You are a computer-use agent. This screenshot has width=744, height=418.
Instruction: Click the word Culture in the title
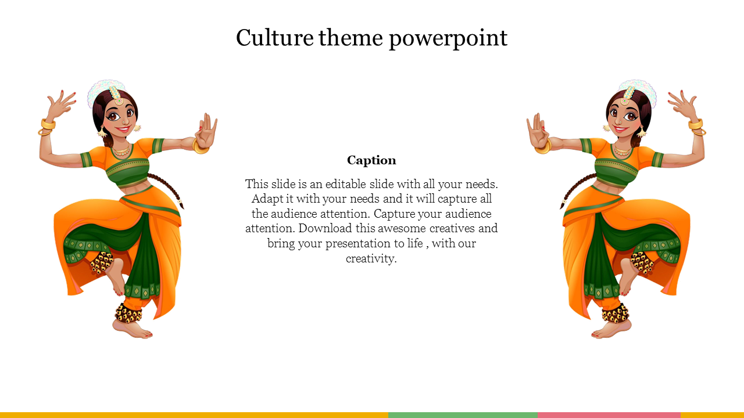[275, 38]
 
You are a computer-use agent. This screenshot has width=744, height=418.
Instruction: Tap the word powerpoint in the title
[448, 39]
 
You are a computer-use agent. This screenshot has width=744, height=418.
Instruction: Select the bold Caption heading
[371, 160]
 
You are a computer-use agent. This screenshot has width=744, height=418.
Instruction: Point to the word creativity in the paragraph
[371, 258]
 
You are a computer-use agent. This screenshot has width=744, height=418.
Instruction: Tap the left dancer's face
[120, 117]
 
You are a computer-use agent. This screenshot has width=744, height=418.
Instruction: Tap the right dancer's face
[624, 117]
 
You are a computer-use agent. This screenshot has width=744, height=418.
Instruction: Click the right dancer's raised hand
[683, 105]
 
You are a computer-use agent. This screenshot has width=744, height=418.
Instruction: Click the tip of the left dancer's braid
[183, 207]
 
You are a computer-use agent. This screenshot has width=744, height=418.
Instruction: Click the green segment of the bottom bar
[463, 415]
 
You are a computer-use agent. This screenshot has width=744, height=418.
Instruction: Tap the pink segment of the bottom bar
[609, 415]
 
